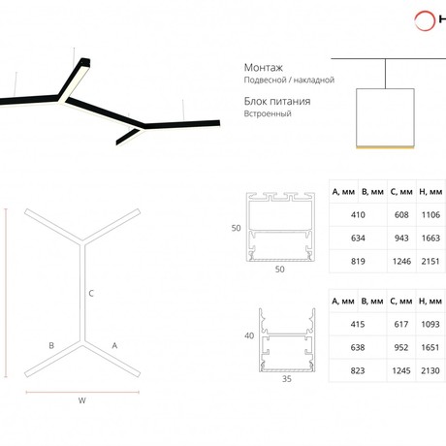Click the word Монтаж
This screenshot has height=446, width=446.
click(x=263, y=68)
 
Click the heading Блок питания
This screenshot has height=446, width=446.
click(x=277, y=102)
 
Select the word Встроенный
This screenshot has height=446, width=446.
click(x=268, y=113)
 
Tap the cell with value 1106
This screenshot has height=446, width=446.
click(x=430, y=215)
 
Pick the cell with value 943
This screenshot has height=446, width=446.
click(x=401, y=239)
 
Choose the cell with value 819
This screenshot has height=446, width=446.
click(x=358, y=262)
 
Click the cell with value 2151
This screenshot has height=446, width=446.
click(x=430, y=262)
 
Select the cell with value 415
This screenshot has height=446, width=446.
click(x=358, y=324)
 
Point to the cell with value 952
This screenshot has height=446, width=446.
click(x=401, y=348)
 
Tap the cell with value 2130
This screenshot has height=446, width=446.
click(x=430, y=370)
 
